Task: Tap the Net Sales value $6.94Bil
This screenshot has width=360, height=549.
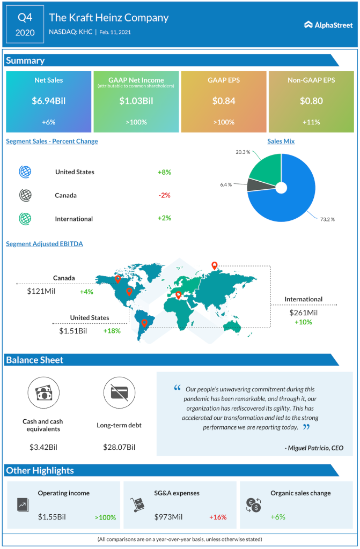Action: tap(49, 100)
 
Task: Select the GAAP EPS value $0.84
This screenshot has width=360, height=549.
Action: tap(223, 100)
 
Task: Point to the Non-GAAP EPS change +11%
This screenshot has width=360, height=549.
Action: tap(311, 122)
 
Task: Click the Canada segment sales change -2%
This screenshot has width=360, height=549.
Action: tap(164, 195)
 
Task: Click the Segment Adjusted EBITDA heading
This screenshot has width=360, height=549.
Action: tap(45, 244)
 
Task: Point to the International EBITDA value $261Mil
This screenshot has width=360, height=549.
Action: tap(304, 313)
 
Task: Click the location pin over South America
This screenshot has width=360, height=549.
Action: tap(144, 323)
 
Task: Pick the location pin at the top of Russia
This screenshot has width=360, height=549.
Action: tap(215, 265)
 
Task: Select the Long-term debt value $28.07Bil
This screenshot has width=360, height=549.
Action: tap(119, 447)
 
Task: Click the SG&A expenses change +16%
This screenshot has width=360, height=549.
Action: tap(218, 517)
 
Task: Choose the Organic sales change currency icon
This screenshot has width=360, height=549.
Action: tap(254, 505)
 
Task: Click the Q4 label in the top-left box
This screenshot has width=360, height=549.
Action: tap(25, 17)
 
